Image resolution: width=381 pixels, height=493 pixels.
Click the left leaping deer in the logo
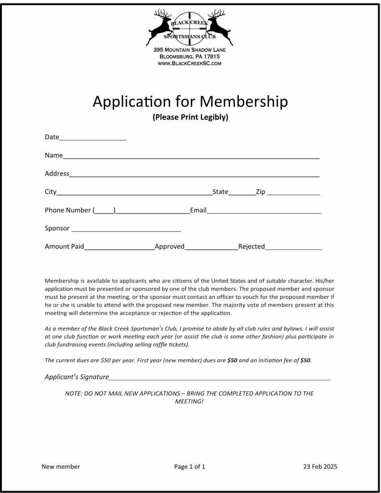(x=161, y=27)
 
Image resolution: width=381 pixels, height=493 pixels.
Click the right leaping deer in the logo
(x=219, y=27)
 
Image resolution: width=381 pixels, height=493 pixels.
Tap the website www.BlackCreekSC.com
(x=190, y=63)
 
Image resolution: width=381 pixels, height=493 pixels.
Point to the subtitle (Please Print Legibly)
(x=190, y=117)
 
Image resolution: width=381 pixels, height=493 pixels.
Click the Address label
(x=57, y=173)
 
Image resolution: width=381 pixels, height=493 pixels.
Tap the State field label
(x=220, y=192)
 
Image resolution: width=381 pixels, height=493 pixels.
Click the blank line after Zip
(x=293, y=194)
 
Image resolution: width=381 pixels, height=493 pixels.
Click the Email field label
(x=198, y=210)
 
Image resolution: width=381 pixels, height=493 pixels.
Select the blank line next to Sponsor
(x=126, y=230)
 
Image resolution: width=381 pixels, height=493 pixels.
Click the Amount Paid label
(x=64, y=246)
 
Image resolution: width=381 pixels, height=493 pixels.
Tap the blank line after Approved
(x=211, y=248)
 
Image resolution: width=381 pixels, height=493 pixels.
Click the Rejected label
(x=251, y=246)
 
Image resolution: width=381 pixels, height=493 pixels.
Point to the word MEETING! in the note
(x=189, y=401)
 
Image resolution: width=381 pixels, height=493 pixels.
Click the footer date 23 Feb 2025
(x=320, y=466)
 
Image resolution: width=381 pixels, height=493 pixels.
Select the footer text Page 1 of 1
(x=190, y=466)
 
